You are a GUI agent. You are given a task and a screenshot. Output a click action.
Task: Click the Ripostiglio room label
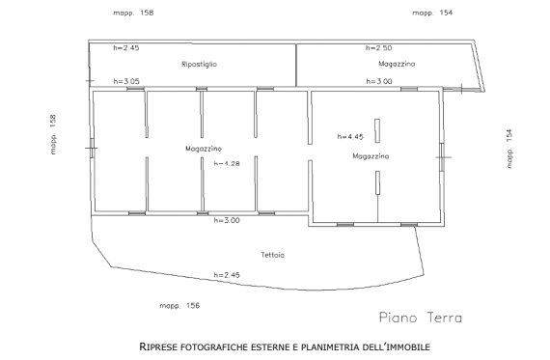point(199,65)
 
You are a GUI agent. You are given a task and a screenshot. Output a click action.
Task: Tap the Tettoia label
point(272,255)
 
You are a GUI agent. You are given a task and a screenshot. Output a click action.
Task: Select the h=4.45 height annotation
point(350,137)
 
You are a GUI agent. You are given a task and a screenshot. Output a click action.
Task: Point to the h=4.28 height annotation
point(227,163)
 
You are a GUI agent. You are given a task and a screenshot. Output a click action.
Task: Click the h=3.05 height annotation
point(126,81)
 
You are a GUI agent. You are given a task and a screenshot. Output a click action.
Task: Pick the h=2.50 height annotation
point(379,47)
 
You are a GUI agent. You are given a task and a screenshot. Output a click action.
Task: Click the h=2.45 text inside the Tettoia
point(227,275)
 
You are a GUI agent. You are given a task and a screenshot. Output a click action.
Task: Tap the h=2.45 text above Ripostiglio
point(126,47)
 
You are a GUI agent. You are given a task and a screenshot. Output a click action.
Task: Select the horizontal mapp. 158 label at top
point(133,13)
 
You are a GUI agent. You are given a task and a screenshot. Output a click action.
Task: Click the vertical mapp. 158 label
point(53,134)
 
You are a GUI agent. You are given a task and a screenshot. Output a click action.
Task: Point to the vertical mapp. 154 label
point(509,149)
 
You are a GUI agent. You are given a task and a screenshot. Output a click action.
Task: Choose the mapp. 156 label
point(179,306)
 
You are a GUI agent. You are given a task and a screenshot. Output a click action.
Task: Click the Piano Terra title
point(421,318)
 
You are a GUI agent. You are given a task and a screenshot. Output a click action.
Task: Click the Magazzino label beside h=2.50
point(397,64)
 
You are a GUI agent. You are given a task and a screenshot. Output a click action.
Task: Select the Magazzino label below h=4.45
point(371,156)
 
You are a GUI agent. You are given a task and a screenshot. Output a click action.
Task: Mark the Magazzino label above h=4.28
point(204,149)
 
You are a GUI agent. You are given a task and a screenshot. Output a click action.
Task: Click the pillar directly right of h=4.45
point(377,131)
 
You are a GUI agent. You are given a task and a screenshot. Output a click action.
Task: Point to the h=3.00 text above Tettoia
point(227,220)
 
